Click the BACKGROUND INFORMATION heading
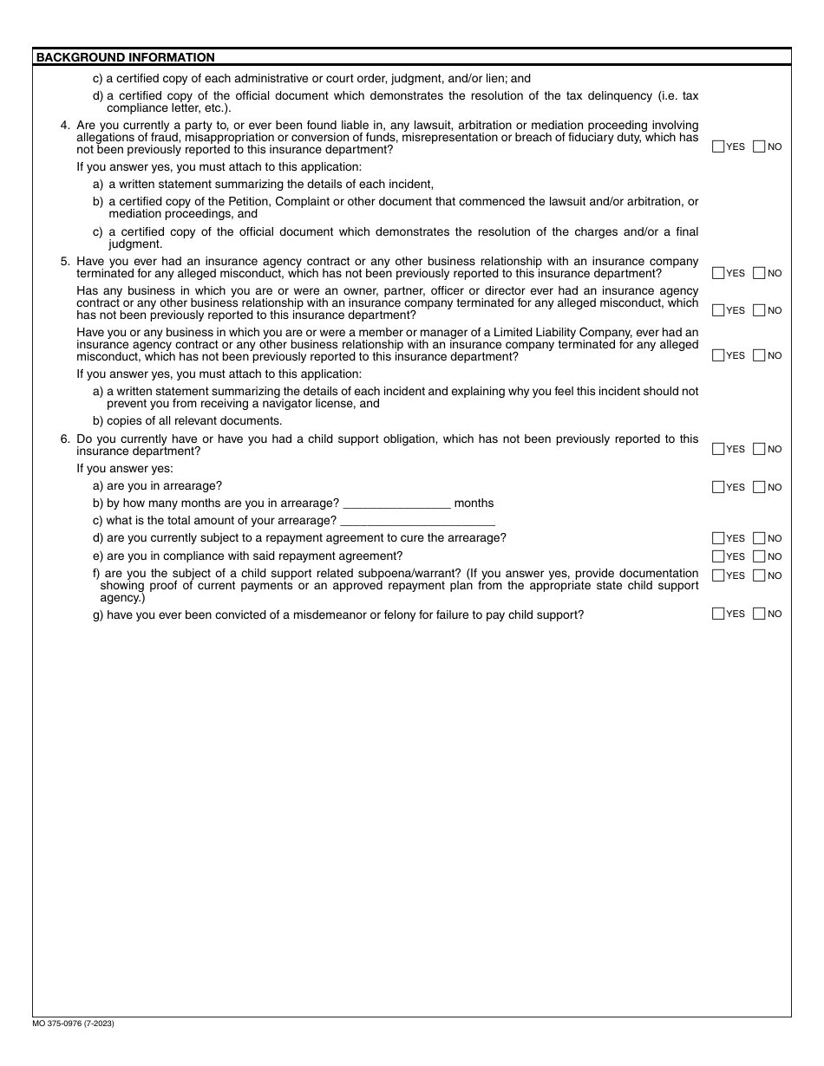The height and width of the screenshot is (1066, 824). (x=125, y=58)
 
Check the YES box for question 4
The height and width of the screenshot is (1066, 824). (x=717, y=146)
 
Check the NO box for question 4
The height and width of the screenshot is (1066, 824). (x=759, y=146)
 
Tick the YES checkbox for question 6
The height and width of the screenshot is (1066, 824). (x=717, y=449)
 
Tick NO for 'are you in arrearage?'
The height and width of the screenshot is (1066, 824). (x=759, y=487)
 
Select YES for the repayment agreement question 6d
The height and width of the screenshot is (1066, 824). (x=717, y=538)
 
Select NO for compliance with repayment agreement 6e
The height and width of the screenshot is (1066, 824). (x=759, y=556)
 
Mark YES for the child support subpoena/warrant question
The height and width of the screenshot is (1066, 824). (x=717, y=575)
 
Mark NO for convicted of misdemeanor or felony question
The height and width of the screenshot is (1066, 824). (x=759, y=614)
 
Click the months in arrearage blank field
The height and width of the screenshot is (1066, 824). (x=397, y=504)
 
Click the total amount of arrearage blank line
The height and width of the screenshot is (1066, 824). (x=417, y=521)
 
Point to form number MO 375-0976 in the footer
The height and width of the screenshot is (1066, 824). (x=75, y=1024)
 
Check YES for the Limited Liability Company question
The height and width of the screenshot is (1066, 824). (x=717, y=355)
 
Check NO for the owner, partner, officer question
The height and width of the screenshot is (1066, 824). (x=759, y=310)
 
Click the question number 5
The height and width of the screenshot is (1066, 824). (x=65, y=261)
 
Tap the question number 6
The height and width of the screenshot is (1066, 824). (x=65, y=439)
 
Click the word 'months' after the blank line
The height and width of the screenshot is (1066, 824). (x=474, y=504)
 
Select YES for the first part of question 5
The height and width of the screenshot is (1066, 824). (x=717, y=273)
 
